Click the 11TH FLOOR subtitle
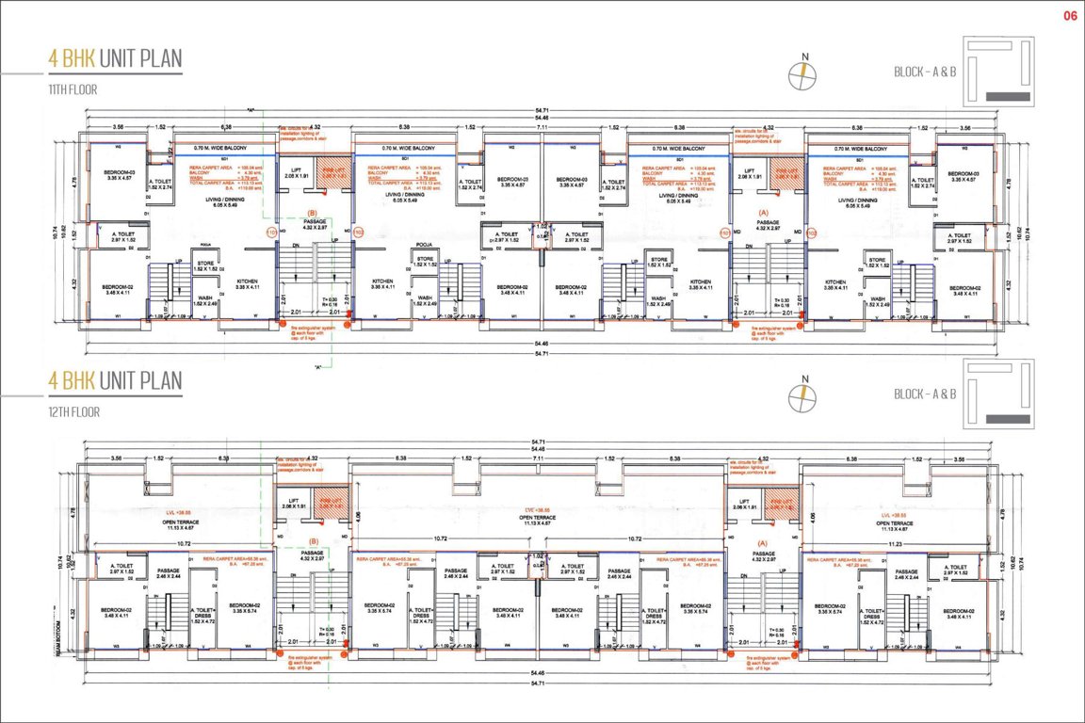coord(73,89)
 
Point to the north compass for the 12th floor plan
coord(804,395)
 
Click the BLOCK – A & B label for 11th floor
coord(925,72)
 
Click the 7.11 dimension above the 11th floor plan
coord(542,126)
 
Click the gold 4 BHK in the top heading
coord(72,58)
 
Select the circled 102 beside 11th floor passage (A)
coord(722,231)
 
